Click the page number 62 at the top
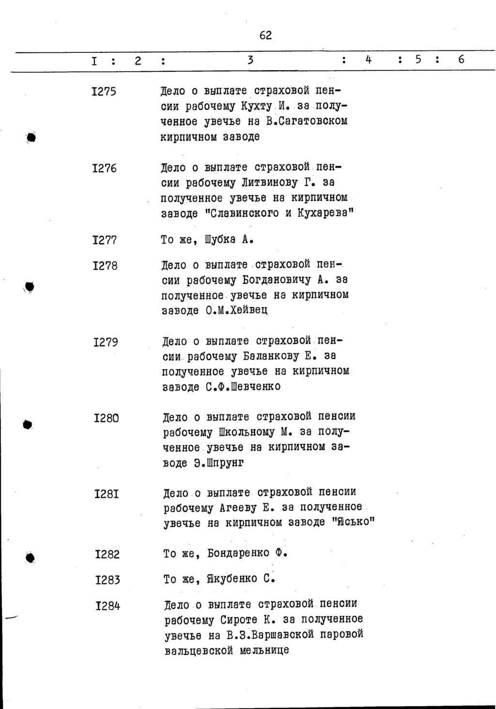(265, 35)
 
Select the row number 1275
(104, 92)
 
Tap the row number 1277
(105, 240)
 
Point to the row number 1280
(106, 418)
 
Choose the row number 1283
(108, 580)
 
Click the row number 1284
(108, 606)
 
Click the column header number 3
(250, 60)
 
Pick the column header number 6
(461, 59)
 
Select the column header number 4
(369, 60)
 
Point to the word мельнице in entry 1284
(264, 650)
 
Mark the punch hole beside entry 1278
(30, 286)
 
